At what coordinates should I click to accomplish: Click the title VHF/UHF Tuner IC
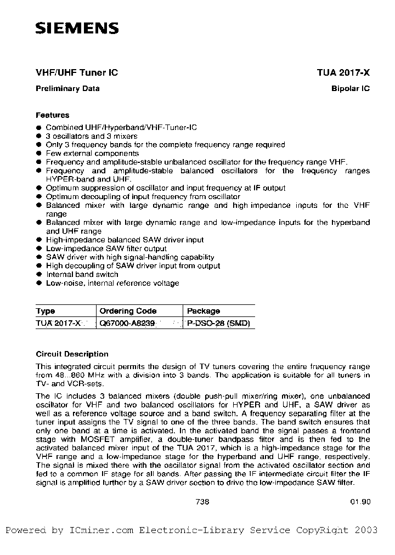pyautogui.click(x=77, y=73)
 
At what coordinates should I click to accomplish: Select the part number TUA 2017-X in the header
pyautogui.click(x=343, y=73)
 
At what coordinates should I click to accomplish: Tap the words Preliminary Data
pyautogui.click(x=67, y=89)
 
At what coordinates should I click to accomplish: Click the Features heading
pyautogui.click(x=53, y=115)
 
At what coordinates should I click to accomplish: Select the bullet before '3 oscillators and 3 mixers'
pyautogui.click(x=38, y=136)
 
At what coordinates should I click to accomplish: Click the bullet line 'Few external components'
pyautogui.click(x=84, y=154)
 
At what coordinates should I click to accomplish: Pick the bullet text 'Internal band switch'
pyautogui.click(x=82, y=274)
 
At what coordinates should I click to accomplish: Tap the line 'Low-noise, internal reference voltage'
pyautogui.click(x=112, y=283)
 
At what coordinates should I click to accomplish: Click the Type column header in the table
pyautogui.click(x=46, y=311)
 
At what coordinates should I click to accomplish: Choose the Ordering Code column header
pyautogui.click(x=128, y=311)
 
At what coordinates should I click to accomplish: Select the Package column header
pyautogui.click(x=204, y=311)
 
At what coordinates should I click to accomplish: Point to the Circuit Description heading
pyautogui.click(x=72, y=354)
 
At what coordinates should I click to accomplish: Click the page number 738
pyautogui.click(x=202, y=501)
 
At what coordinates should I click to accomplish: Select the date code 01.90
pyautogui.click(x=360, y=501)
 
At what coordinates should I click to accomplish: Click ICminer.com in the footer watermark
pyautogui.click(x=101, y=530)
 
